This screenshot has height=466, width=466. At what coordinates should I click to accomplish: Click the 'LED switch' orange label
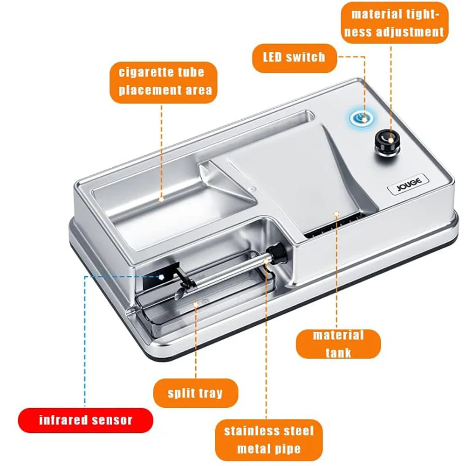pyautogui.click(x=294, y=58)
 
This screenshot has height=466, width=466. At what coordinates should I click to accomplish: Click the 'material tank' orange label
pyautogui.click(x=338, y=343)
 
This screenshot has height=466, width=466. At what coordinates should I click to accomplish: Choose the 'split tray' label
pyautogui.click(x=196, y=393)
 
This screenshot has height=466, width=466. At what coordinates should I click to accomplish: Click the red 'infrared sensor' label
pyautogui.click(x=85, y=420)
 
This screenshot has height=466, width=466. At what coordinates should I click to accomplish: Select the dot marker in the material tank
pyautogui.click(x=336, y=213)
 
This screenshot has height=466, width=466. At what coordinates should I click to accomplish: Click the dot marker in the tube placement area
pyautogui.click(x=161, y=199)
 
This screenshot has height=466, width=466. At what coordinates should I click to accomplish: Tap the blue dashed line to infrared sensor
pyautogui.click(x=85, y=336)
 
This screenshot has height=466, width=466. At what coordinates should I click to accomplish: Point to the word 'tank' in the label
pyautogui.click(x=338, y=353)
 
